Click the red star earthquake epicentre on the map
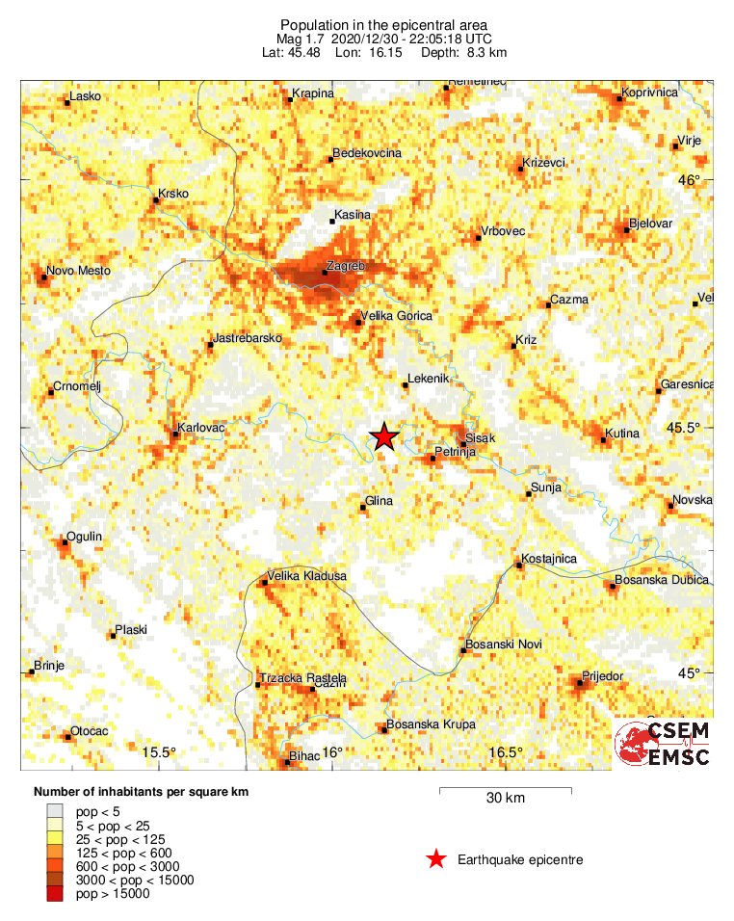coord(384,437)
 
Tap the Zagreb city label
coord(345,263)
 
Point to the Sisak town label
coord(480,438)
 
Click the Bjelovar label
coord(650,224)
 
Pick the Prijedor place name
coord(603,676)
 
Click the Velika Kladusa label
coord(306,576)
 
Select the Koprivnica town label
coord(650,92)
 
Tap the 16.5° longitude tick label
coord(505,752)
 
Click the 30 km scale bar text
coord(505,799)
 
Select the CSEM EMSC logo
coord(663,745)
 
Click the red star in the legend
coord(436,859)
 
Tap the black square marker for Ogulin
coord(64,542)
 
